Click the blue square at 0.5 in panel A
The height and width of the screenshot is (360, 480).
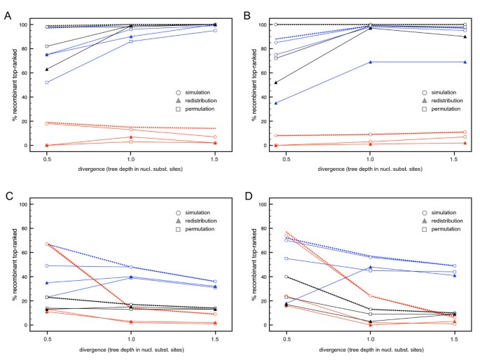point(47,83)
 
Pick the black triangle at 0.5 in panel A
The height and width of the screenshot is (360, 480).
point(47,69)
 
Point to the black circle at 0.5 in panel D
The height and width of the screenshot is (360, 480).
point(287,277)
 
